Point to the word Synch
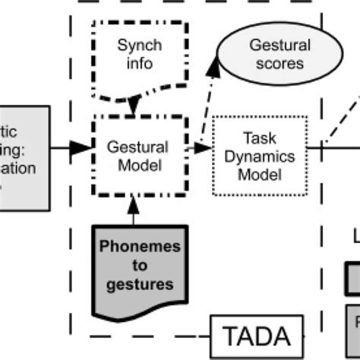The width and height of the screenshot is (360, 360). (139, 46)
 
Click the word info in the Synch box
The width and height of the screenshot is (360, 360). (139, 64)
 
